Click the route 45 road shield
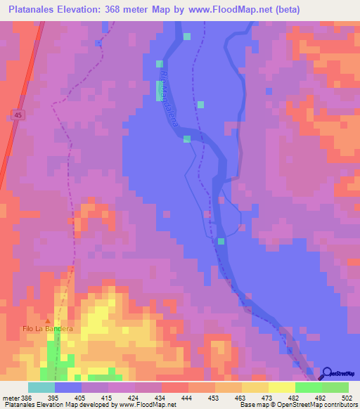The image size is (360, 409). tap(18, 115)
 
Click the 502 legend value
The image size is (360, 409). tap(346, 397)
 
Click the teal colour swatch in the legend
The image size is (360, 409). tap(41, 387)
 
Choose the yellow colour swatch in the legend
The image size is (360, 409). tap(282, 387)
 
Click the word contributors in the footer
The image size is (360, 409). tap(338, 405)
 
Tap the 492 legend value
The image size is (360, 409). tap(319, 397)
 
